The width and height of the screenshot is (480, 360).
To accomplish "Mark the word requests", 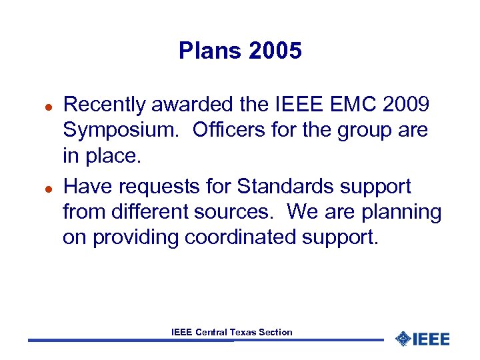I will pos(147,187).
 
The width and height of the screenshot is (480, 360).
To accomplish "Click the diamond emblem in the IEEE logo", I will pos(403,339).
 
